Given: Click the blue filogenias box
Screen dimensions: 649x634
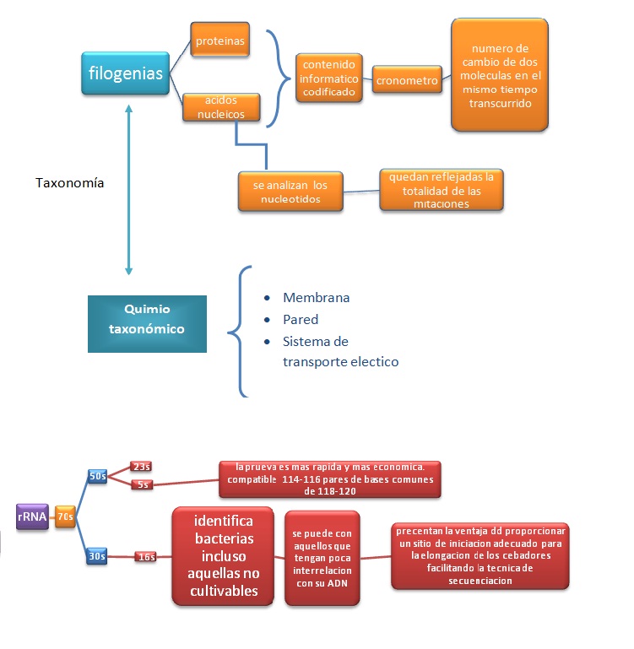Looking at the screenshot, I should point(126,73).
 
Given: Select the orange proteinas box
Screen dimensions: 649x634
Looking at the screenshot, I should point(219,41).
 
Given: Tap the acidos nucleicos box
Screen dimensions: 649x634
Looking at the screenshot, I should point(220,106).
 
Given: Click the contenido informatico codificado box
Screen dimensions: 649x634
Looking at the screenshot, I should point(330,78).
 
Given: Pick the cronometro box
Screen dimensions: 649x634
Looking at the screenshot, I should point(407,81).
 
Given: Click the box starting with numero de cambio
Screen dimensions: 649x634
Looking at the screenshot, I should point(500,74).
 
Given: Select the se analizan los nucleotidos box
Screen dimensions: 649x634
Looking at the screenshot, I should point(290,191).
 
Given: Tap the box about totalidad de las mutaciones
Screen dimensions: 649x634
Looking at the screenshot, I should point(441,190).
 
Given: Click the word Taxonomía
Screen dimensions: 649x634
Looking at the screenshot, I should point(71,182).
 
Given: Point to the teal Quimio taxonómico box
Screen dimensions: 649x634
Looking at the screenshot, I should point(147,323).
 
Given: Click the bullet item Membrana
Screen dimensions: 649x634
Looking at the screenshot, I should point(316,298).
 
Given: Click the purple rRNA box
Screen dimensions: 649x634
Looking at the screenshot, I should point(31,516).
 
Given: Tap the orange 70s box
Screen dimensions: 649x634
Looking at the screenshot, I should point(66,516).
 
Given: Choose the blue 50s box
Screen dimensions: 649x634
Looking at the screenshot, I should point(97,476).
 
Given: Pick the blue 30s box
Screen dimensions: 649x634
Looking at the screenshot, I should point(97,556).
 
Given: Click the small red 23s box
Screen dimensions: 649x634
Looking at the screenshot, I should point(141,467).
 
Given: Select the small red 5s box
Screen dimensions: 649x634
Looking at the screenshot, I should point(141,484).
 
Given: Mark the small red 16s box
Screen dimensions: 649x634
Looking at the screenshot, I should point(146,556).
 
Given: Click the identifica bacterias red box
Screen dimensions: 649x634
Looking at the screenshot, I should point(224,556).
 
